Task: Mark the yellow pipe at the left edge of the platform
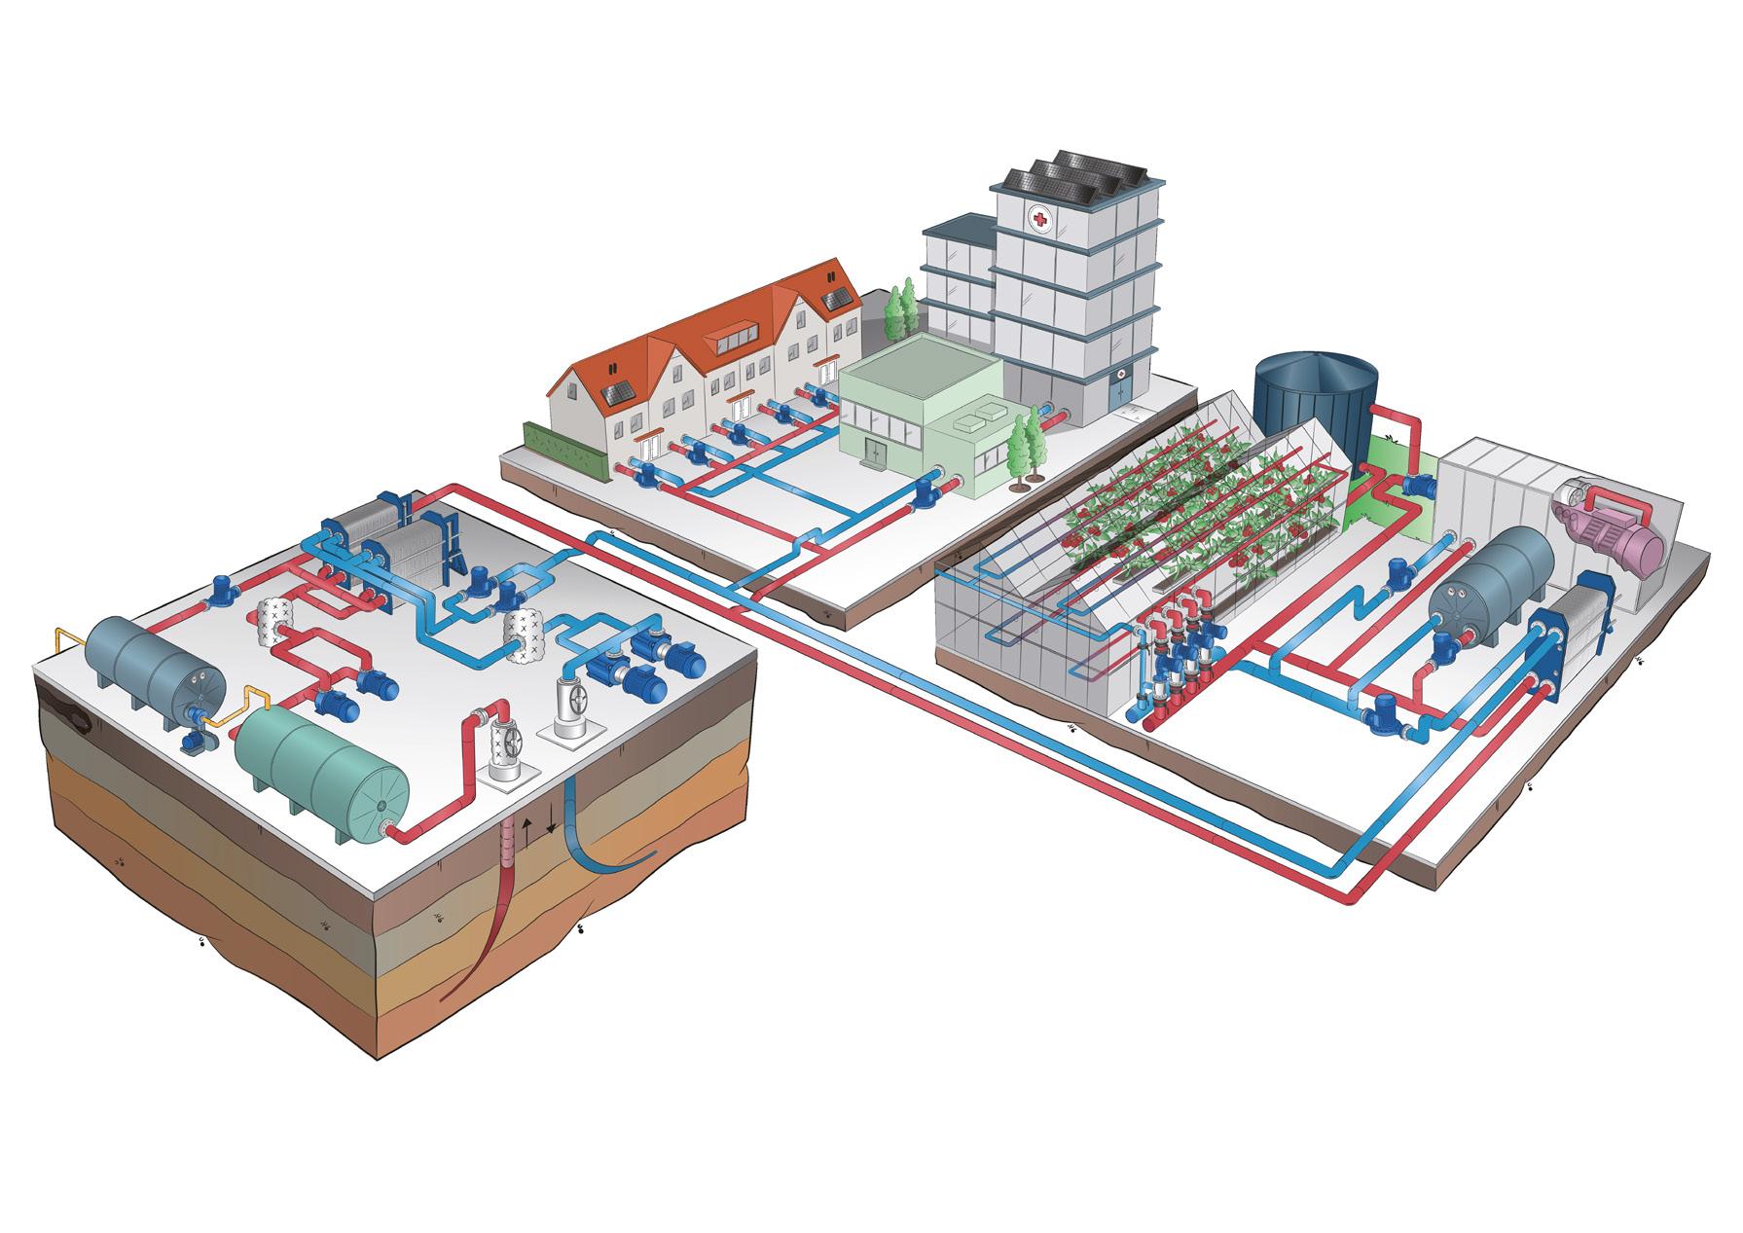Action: (x=60, y=650)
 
